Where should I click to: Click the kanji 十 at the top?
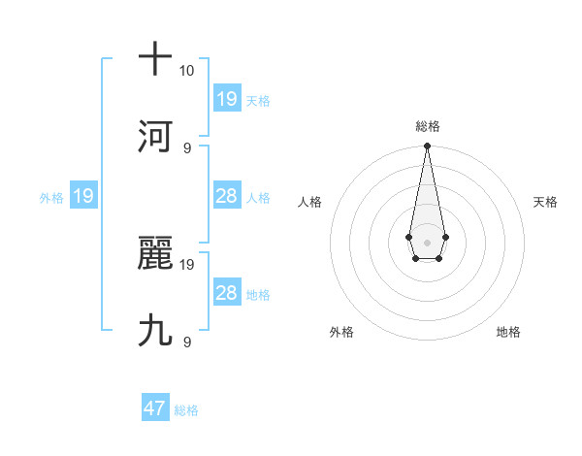tap(155, 59)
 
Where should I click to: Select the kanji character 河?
tap(155, 136)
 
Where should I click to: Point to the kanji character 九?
tap(155, 331)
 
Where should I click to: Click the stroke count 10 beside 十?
tap(186, 71)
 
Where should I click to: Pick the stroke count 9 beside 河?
tap(187, 147)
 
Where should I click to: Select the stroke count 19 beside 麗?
tap(187, 264)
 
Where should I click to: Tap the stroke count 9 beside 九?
tap(187, 342)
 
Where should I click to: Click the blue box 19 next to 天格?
tap(226, 99)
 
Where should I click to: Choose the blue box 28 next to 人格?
tap(226, 196)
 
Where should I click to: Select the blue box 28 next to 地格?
tap(226, 293)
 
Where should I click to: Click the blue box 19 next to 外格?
tap(82, 196)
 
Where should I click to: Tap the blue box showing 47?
tap(155, 408)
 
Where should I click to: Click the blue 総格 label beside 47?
tap(186, 410)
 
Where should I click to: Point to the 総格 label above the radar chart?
tap(427, 126)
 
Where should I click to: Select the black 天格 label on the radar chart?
tap(546, 202)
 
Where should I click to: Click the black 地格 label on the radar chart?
tap(508, 332)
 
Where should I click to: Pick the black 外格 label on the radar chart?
tap(341, 332)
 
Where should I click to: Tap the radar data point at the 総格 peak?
tap(427, 147)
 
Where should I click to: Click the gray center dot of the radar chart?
tap(427, 241)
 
